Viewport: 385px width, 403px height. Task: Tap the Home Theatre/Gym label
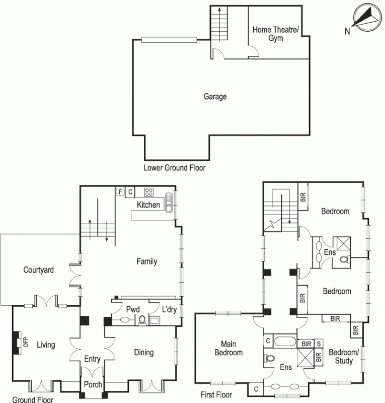coord(275,34)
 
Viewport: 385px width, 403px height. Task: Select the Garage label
coord(215,96)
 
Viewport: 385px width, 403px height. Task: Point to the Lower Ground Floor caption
coord(174,168)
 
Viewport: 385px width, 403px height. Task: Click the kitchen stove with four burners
coord(149,192)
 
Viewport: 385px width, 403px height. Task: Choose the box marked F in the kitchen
coord(120,191)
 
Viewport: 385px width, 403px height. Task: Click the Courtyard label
coord(38,270)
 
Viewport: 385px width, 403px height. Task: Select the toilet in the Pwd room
coord(142,320)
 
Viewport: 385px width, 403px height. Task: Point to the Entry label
coord(92,359)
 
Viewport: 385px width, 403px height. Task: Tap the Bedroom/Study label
coord(344,357)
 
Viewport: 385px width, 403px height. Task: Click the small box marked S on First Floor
coord(318,344)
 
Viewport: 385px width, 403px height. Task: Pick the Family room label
coord(147,261)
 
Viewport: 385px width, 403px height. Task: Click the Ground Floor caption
coord(32,399)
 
